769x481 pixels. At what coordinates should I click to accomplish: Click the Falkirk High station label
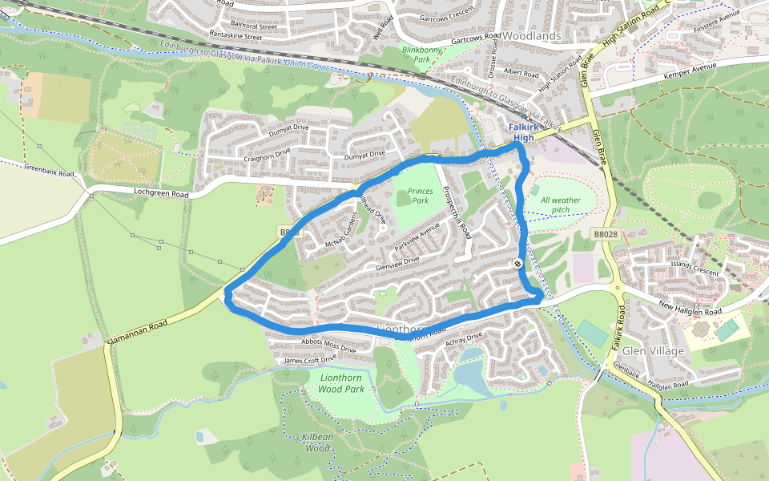click(x=523, y=132)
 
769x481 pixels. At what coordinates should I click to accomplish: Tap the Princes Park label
click(x=420, y=196)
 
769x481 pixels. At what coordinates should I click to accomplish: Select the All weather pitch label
click(x=561, y=205)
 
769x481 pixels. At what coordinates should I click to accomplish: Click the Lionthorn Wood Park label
click(x=341, y=383)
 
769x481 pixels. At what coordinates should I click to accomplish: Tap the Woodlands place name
click(x=532, y=36)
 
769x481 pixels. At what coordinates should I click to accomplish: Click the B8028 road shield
click(x=606, y=234)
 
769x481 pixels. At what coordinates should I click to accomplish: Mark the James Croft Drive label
click(x=311, y=361)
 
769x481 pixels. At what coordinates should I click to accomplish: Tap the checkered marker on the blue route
click(x=518, y=263)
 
